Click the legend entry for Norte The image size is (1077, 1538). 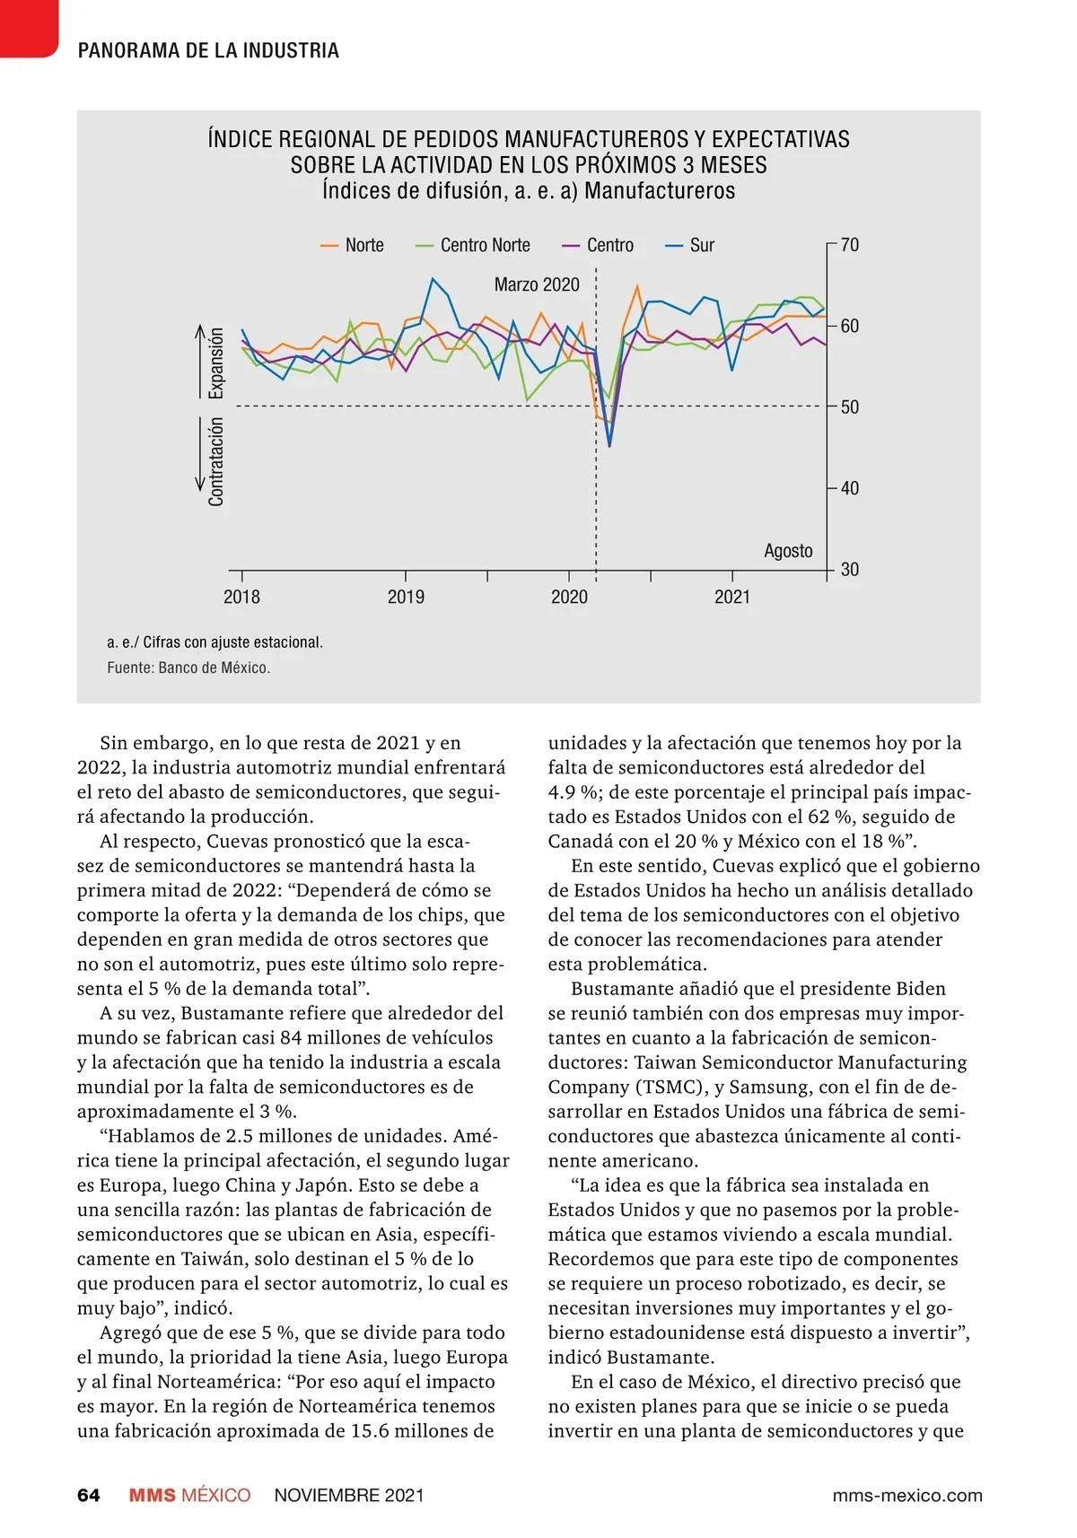(353, 245)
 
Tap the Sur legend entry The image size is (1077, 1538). (690, 245)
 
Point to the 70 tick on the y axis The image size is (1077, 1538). (849, 244)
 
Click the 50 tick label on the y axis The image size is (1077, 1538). (849, 406)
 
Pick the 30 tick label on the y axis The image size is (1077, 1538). (849, 569)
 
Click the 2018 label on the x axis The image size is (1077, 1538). (241, 597)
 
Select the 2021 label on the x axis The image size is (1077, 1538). (732, 597)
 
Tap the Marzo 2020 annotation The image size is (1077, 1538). (537, 284)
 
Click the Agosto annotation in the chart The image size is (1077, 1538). (788, 550)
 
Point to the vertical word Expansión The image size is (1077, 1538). (216, 363)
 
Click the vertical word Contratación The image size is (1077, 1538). (216, 462)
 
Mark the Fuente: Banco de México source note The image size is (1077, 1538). (188, 668)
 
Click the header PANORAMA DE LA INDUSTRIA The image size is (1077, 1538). (208, 51)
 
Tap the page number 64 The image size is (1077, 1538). (89, 1495)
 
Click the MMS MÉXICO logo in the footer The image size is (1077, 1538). (189, 1495)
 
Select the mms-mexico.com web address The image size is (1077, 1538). (906, 1495)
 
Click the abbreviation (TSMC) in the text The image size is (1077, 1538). (662, 1087)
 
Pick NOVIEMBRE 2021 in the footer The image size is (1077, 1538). (349, 1495)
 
